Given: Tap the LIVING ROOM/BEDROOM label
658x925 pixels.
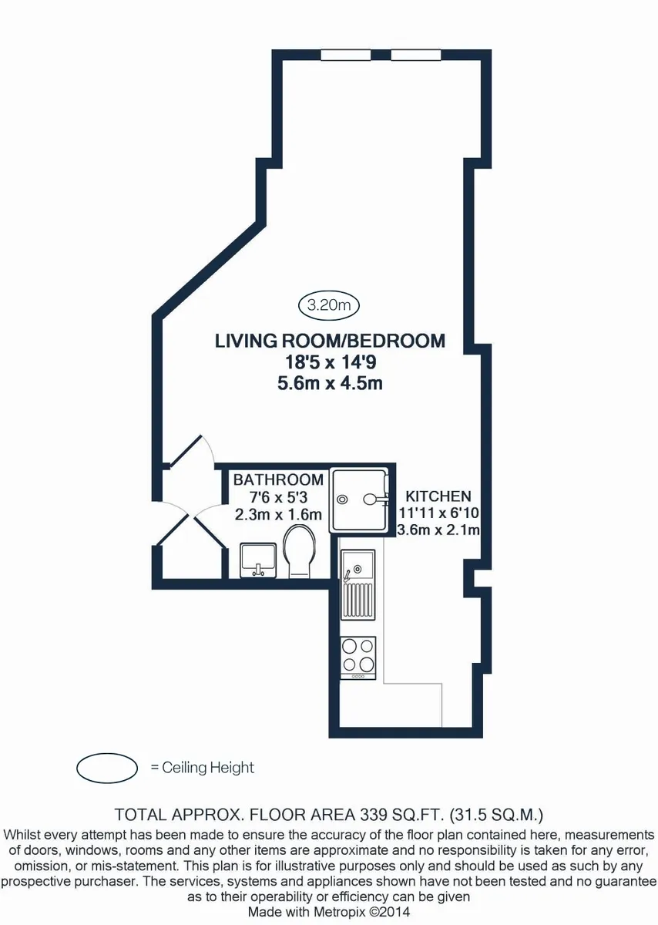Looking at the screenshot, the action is [330, 341].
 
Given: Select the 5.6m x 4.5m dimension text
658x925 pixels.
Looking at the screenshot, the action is [330, 384].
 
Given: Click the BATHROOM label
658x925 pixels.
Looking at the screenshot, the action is [278, 479].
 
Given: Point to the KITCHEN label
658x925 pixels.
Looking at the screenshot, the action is [438, 496].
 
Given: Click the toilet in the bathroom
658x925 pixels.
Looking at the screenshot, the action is [300, 551].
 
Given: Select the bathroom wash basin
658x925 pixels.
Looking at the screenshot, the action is [258, 561].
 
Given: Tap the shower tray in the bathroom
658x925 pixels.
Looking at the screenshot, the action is [359, 500].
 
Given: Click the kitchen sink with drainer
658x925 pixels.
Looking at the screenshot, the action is [358, 585].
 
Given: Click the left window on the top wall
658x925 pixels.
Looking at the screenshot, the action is [346, 55].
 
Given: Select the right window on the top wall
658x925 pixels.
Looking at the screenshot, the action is [416, 55].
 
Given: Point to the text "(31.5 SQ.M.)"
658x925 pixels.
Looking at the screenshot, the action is [497, 815].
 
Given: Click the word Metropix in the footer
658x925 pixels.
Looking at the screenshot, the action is [342, 911].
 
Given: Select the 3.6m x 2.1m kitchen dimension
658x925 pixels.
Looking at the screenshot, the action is [438, 530].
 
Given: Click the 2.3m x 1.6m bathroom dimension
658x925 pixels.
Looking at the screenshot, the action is [278, 515].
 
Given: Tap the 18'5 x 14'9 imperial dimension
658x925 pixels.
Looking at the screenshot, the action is [331, 362].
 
